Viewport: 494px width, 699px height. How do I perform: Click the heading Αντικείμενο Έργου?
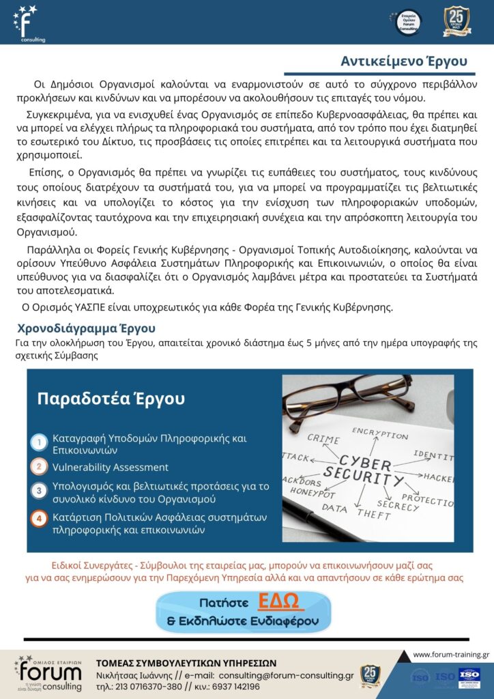pos(405,61)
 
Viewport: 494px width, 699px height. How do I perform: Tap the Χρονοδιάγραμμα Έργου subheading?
pos(86,328)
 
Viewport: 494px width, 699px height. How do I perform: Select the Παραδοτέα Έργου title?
pos(111,399)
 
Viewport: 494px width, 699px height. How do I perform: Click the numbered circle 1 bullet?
pos(40,443)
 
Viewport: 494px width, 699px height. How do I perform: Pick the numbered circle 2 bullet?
pos(40,468)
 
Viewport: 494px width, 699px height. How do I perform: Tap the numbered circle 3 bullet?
pos(40,491)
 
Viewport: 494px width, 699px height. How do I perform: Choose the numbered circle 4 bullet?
pos(40,518)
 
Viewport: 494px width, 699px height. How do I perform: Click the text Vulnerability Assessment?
pos(111,468)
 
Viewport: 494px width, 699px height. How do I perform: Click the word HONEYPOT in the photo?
pos(313,491)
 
